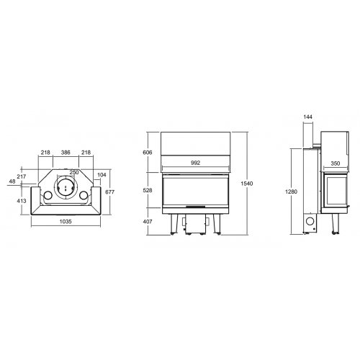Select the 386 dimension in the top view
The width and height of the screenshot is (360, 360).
point(66,153)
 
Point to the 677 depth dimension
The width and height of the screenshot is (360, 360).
point(111,192)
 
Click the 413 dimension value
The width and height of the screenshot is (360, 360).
point(22,201)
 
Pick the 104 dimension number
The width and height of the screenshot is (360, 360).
point(102,176)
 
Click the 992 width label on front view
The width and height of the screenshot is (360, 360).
point(196,163)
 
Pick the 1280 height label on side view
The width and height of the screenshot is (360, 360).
point(289,191)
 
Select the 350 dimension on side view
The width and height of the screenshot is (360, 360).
point(336,164)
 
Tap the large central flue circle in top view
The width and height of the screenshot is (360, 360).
point(66,190)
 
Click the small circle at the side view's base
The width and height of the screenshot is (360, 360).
point(311,222)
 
